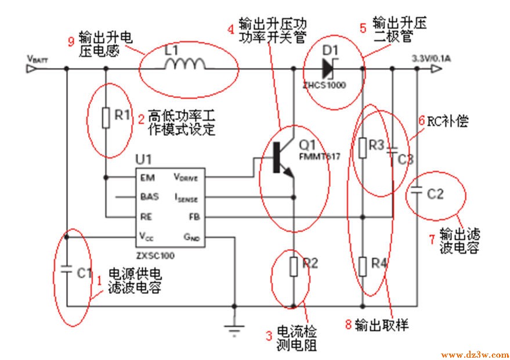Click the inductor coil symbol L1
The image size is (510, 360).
coord(185,65)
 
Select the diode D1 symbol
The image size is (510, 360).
coord(327,69)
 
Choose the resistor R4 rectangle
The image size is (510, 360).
coord(363,266)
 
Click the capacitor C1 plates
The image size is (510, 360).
coord(67,271)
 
